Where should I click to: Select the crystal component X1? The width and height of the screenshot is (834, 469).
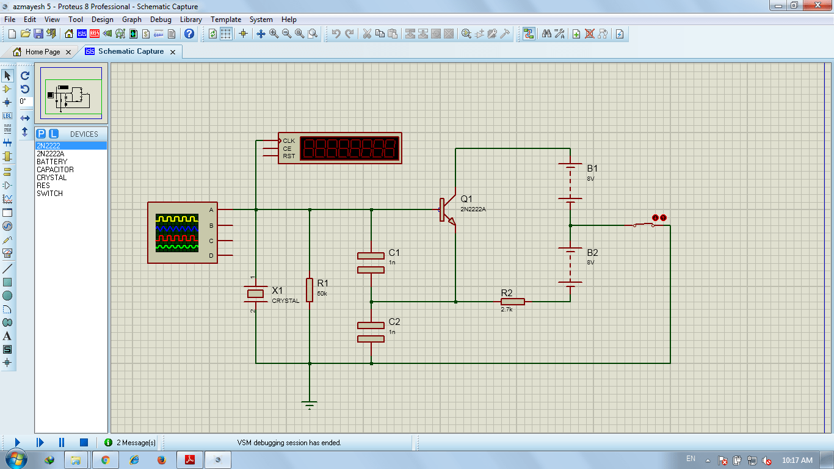[255, 294]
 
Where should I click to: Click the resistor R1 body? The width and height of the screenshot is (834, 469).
[310, 290]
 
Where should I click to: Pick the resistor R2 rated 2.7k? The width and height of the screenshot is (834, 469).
[512, 302]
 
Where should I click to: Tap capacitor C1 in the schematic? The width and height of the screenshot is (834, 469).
[371, 263]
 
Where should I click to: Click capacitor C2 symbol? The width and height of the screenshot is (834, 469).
[371, 332]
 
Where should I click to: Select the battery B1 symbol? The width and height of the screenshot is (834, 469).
[570, 183]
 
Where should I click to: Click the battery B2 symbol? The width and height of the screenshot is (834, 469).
[570, 266]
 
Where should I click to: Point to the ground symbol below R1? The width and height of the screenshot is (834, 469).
[310, 405]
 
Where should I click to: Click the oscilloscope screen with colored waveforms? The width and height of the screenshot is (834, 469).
[177, 233]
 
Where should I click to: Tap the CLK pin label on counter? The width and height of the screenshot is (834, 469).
[289, 141]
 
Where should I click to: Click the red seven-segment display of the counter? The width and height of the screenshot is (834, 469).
[349, 148]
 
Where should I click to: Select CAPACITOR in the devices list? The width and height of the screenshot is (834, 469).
[55, 170]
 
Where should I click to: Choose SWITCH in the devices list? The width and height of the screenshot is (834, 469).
[49, 194]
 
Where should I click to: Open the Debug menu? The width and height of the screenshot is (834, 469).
[161, 20]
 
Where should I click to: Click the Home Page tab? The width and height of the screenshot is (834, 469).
[42, 52]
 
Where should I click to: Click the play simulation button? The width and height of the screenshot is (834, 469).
[17, 442]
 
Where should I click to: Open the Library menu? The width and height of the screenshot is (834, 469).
[190, 20]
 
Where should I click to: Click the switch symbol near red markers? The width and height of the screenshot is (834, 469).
[644, 225]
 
